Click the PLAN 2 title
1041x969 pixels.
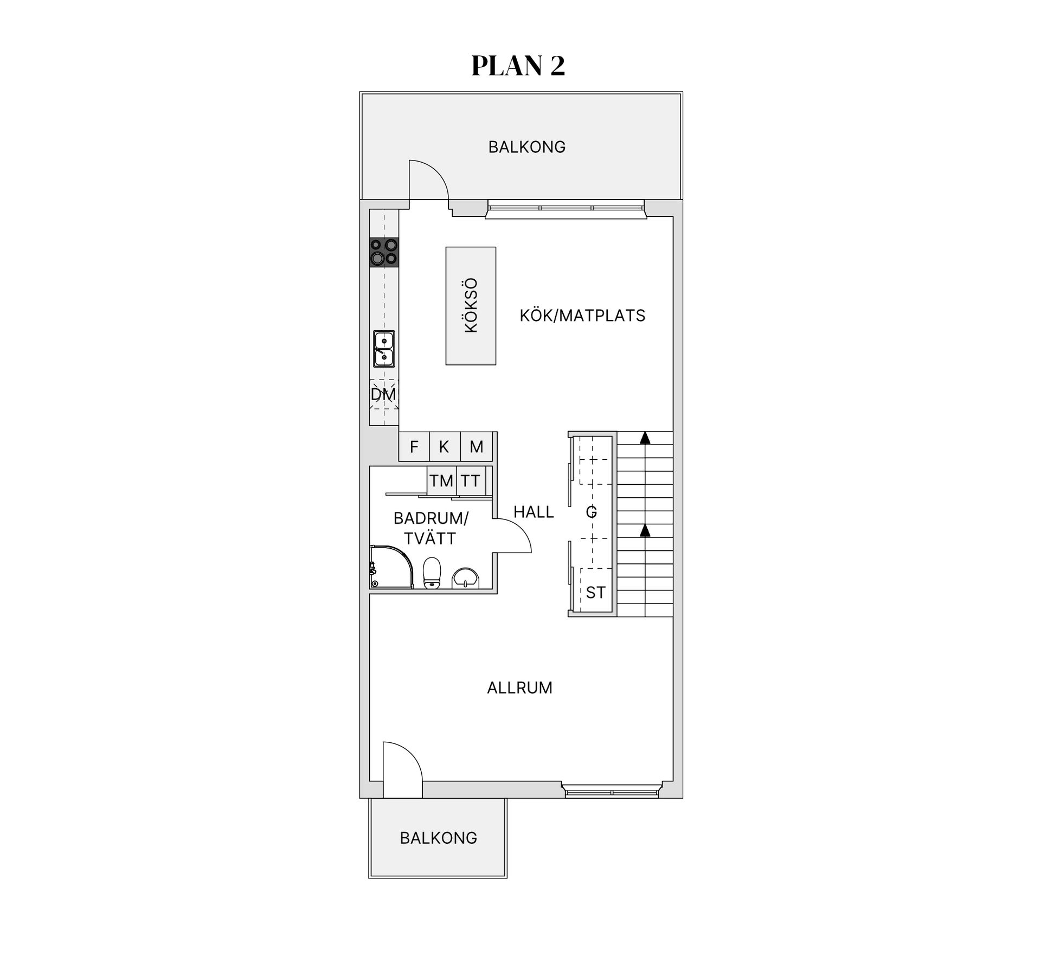coord(518,66)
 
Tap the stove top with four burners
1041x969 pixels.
coord(384,252)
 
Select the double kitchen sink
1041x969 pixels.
coord(384,349)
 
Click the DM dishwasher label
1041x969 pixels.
coord(383,394)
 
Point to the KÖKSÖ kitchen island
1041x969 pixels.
coord(471,306)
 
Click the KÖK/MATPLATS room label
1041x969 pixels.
coord(582,316)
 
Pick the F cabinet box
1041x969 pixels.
coord(414,447)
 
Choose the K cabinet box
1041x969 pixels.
coord(445,447)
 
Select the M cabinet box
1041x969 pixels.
coord(476,447)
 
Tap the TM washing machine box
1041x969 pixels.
coord(441,480)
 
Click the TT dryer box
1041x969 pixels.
coord(471,480)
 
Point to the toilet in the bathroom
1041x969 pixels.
coord(432,573)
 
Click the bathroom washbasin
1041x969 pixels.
coord(465,577)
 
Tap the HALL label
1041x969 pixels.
coord(534,512)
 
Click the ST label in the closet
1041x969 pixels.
coord(595,593)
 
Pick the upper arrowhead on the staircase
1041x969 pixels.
coord(645,438)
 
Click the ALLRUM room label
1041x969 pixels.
coord(519,688)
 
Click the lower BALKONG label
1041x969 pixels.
coord(439,838)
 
